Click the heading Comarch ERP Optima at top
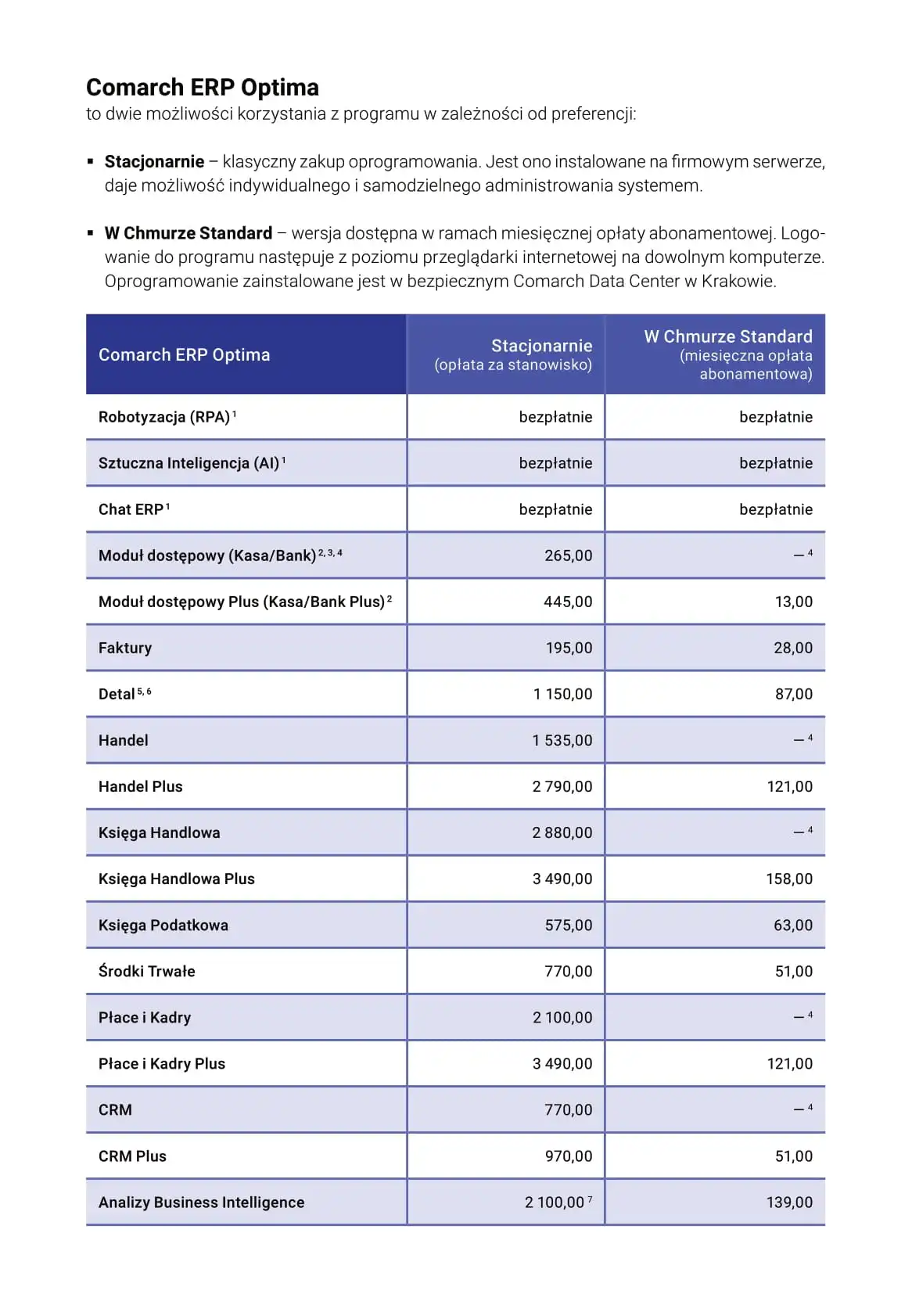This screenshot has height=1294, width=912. click(x=202, y=87)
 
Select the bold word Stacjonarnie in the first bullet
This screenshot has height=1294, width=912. click(x=154, y=162)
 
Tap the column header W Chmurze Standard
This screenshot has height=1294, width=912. click(x=727, y=336)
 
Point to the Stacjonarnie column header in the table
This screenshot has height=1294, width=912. click(x=541, y=346)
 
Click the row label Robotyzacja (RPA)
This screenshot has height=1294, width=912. click(x=164, y=417)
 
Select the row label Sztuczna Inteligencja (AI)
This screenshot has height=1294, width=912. click(x=189, y=463)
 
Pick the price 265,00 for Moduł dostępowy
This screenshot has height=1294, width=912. click(x=568, y=555)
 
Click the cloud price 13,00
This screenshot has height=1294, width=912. click(x=793, y=602)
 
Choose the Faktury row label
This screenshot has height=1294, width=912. click(x=125, y=648)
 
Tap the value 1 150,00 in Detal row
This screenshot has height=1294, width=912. click(x=562, y=694)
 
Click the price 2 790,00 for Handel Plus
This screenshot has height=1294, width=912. click(x=562, y=786)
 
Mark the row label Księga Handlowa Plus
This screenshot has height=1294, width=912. click(x=177, y=879)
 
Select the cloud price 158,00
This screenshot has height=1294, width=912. click(x=788, y=879)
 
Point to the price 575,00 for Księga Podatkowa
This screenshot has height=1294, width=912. click(x=568, y=925)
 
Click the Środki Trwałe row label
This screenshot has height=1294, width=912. click(x=147, y=971)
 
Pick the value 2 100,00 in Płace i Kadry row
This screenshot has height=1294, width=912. click(x=562, y=1017)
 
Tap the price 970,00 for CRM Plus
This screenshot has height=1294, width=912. click(x=568, y=1156)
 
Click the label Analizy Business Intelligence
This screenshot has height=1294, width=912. click(x=201, y=1202)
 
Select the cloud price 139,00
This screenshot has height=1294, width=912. click(x=788, y=1202)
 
